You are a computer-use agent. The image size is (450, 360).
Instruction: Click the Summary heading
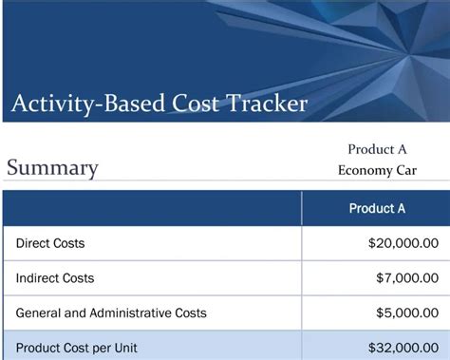[52, 168]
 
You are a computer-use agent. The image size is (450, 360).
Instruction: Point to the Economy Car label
[377, 171]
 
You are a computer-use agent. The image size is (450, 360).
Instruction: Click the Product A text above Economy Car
[377, 149]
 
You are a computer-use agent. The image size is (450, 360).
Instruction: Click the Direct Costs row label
[50, 244]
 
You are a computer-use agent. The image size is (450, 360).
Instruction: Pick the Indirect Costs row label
[55, 278]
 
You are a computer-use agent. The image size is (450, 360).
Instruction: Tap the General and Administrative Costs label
[111, 313]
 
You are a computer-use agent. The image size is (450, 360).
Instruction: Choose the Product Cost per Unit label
[76, 348]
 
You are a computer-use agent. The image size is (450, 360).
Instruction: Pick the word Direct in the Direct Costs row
[33, 244]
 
